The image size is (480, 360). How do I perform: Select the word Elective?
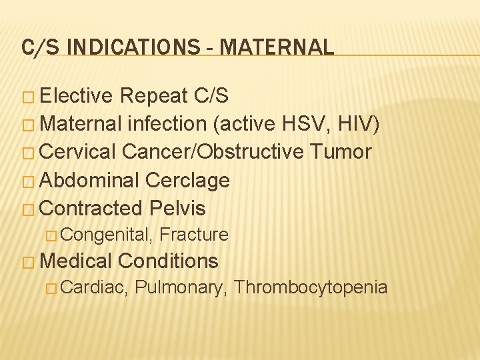click(77, 96)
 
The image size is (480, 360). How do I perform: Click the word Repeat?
click(153, 96)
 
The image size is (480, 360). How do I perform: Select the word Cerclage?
click(187, 180)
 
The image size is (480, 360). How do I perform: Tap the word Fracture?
click(194, 235)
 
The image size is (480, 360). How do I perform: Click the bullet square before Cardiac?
click(53, 288)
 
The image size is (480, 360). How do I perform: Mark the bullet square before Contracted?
click(29, 209)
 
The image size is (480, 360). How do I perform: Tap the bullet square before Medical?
click(29, 261)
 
